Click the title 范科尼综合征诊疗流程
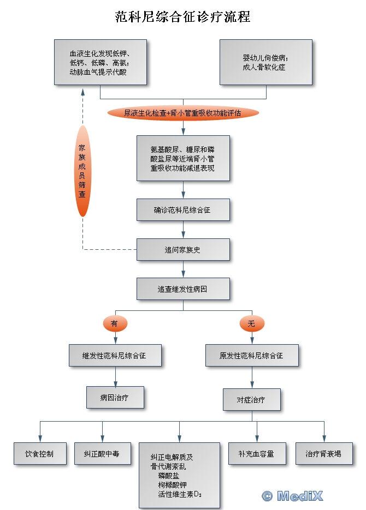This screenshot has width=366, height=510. (x=182, y=17)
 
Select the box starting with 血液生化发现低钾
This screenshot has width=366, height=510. (x=101, y=62)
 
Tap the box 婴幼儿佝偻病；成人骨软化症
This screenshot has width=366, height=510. (x=266, y=62)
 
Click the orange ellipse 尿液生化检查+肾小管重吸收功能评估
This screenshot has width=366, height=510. (x=183, y=113)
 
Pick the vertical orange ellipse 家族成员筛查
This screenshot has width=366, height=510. (x=82, y=171)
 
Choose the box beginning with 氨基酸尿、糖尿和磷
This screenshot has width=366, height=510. (x=183, y=158)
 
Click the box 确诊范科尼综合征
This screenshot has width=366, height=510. (x=183, y=210)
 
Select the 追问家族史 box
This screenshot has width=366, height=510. (x=183, y=249)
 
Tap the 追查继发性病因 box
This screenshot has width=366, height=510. (x=183, y=289)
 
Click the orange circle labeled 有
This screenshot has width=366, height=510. (x=115, y=323)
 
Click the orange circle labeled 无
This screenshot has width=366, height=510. (x=252, y=323)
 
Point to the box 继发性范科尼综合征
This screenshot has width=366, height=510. (x=115, y=356)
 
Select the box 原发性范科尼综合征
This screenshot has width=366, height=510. (x=252, y=356)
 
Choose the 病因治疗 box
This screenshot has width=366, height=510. (x=115, y=398)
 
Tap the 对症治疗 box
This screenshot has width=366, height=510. (x=252, y=399)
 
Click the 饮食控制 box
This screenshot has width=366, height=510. (x=40, y=453)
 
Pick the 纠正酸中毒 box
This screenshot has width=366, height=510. (x=103, y=453)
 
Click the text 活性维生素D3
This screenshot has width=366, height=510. (x=180, y=494)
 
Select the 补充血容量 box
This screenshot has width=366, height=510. (x=257, y=453)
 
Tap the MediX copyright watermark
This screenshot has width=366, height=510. (x=292, y=496)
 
